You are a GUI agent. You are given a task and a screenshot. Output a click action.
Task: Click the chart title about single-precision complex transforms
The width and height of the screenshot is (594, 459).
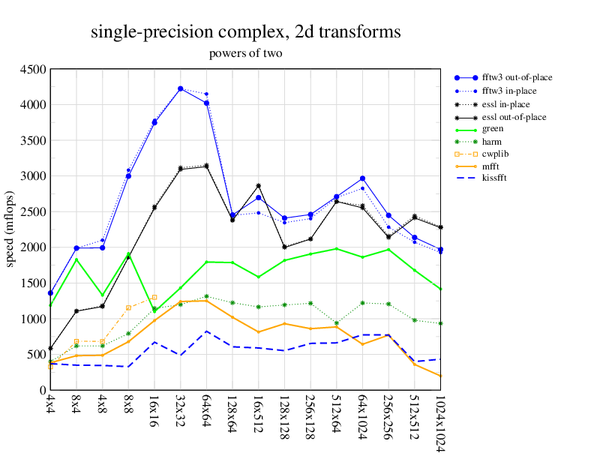(x=245, y=31)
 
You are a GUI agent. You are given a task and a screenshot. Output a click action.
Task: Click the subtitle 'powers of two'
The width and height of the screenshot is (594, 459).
(x=245, y=54)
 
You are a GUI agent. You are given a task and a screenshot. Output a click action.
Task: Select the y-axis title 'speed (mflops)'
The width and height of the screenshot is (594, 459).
(x=10, y=229)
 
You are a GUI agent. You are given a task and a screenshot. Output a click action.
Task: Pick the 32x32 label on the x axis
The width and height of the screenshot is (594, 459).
(x=180, y=409)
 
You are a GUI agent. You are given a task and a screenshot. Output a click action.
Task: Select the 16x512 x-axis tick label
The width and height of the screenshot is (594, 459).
(x=258, y=412)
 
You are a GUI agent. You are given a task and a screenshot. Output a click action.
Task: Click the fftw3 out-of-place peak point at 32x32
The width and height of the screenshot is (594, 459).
(x=180, y=88)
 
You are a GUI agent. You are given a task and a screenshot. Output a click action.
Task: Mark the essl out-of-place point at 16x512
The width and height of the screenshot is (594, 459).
(x=258, y=185)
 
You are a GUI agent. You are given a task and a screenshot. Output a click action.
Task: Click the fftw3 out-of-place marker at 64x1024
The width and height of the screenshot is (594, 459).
(x=362, y=178)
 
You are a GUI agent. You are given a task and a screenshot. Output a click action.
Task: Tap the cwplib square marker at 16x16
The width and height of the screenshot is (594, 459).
(x=154, y=297)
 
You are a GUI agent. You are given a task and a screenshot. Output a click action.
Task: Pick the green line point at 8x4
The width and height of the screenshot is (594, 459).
(x=76, y=259)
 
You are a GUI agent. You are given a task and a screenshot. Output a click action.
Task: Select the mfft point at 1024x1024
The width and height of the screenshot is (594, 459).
(x=440, y=376)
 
